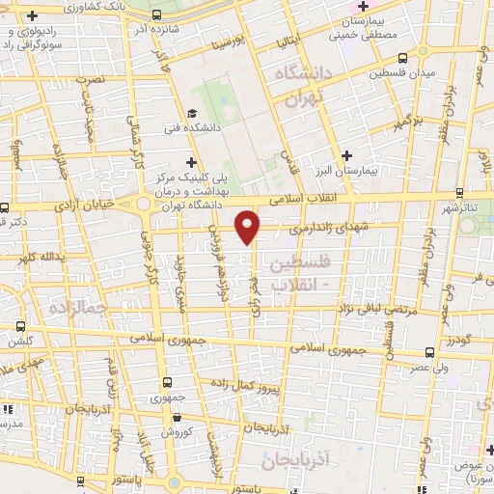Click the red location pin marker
coord(248,226)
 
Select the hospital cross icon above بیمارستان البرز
coord(347,154)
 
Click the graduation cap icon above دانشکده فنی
coord(196,111)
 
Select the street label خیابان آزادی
coord(83,205)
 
